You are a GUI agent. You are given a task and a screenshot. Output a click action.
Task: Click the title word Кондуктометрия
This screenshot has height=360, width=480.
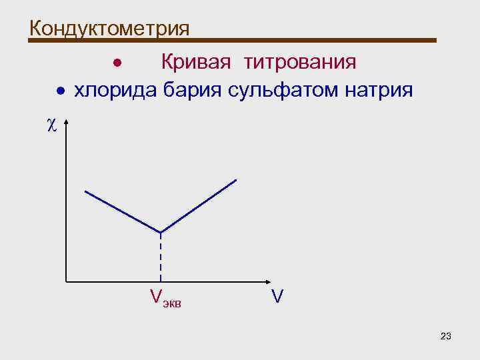(109, 28)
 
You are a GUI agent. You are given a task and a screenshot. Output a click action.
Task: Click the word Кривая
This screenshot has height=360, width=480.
(195, 62)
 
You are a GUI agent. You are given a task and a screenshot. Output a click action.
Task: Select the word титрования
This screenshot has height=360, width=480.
(300, 62)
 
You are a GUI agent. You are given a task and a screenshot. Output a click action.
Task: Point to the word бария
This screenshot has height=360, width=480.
(193, 89)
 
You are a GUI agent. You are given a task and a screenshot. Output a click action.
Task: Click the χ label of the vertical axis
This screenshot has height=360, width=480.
(53, 125)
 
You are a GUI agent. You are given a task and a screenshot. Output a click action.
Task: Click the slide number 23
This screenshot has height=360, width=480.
(446, 335)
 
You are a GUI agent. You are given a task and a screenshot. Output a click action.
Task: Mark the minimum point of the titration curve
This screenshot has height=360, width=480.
(160, 232)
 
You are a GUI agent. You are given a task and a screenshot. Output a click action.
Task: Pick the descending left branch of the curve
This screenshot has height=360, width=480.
(123, 211)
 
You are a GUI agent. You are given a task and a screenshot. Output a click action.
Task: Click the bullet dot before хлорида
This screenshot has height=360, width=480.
(60, 91)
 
